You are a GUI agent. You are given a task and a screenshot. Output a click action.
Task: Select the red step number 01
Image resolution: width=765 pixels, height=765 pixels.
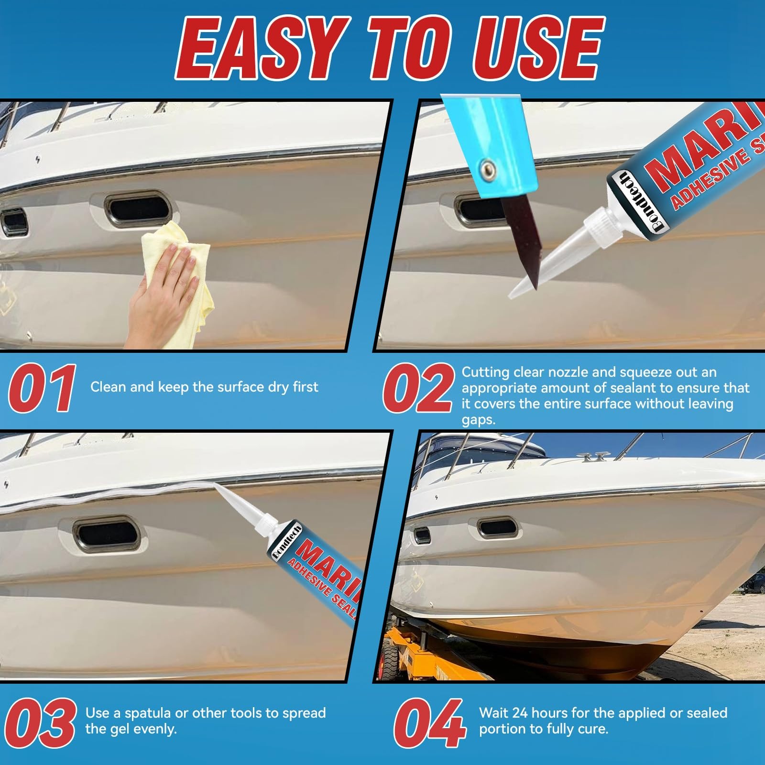[43, 388]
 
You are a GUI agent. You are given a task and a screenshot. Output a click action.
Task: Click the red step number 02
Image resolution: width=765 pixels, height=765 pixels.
[418, 388]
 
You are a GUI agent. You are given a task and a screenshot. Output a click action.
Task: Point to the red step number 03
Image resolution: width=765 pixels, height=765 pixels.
[40, 723]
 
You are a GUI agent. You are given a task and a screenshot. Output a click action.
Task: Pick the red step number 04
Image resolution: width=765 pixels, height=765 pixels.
[429, 723]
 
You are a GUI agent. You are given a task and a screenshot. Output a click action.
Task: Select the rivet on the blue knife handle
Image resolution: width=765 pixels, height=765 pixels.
[487, 168]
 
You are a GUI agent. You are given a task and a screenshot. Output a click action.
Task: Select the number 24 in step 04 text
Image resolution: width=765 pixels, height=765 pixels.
[520, 713]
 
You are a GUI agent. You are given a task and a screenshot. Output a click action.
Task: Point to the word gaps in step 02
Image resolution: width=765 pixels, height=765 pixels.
[479, 421]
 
